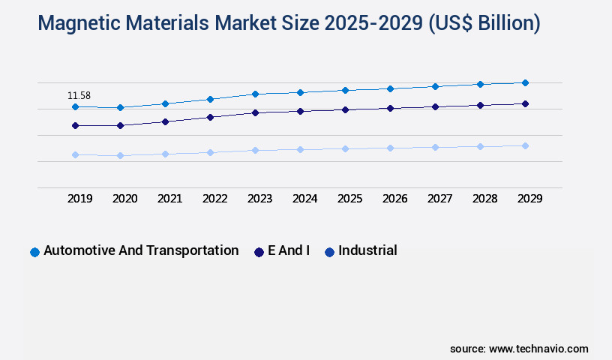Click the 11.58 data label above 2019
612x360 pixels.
tap(79, 95)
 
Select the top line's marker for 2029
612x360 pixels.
tap(525, 82)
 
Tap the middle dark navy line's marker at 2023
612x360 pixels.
tap(255, 112)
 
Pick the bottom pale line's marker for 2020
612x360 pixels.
tap(120, 155)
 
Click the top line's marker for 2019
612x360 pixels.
tap(75, 106)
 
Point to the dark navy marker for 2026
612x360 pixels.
tap(390, 108)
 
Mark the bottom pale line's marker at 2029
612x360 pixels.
tap(525, 145)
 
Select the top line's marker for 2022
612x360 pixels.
tap(210, 99)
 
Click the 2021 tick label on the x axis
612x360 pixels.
tap(169, 199)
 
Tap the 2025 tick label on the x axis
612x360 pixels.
tap(349, 199)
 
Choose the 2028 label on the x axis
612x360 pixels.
tap(484, 199)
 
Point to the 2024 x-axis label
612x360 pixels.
tap(304, 199)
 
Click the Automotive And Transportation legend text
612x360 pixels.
tap(141, 250)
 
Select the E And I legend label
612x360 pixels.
tap(289, 250)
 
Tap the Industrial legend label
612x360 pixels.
tap(367, 250)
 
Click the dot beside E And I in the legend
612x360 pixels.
tap(259, 252)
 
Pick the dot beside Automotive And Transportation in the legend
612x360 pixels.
tap(34, 252)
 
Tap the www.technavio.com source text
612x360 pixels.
tap(538, 349)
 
